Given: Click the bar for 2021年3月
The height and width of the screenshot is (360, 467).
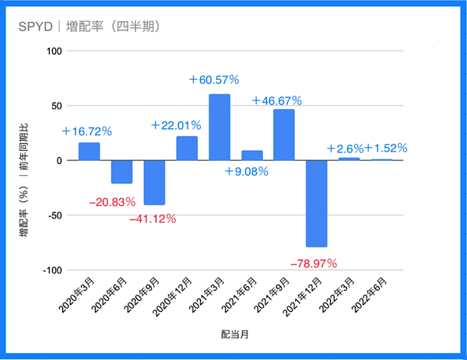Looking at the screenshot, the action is click(219, 128).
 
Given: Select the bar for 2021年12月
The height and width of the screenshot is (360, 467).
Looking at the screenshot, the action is click(317, 204).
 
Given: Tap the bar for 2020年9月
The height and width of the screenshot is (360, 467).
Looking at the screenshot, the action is click(154, 183).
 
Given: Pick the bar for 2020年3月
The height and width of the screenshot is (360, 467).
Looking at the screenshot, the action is click(90, 152).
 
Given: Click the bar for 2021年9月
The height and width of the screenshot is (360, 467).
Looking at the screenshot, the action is click(284, 135).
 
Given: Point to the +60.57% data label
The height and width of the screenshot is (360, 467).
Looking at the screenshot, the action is click(214, 80).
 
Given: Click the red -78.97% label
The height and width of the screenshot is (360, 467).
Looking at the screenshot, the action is click(314, 264).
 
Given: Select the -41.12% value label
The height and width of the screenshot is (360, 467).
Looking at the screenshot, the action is click(153, 219).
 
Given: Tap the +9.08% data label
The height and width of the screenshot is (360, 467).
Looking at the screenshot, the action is click(247, 171).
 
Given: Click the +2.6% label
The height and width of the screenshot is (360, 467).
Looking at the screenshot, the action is click(345, 149).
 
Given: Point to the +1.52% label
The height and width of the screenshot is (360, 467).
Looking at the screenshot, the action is click(386, 148).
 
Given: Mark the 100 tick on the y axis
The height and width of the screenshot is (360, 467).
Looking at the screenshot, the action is click(54, 51).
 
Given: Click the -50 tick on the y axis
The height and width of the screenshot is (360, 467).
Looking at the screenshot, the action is click(55, 215).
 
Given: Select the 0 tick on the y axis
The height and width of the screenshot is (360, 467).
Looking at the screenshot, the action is click(59, 161).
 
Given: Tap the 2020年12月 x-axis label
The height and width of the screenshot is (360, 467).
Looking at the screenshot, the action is click(172, 296).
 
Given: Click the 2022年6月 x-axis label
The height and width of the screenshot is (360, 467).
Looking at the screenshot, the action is click(369, 295).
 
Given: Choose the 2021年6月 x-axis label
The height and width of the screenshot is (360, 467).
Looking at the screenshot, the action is click(240, 295).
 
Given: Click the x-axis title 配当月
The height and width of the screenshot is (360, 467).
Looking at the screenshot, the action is click(235, 334).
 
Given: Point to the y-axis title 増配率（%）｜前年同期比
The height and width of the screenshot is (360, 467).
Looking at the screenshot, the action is click(24, 180).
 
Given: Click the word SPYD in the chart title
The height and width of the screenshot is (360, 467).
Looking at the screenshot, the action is click(36, 26).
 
